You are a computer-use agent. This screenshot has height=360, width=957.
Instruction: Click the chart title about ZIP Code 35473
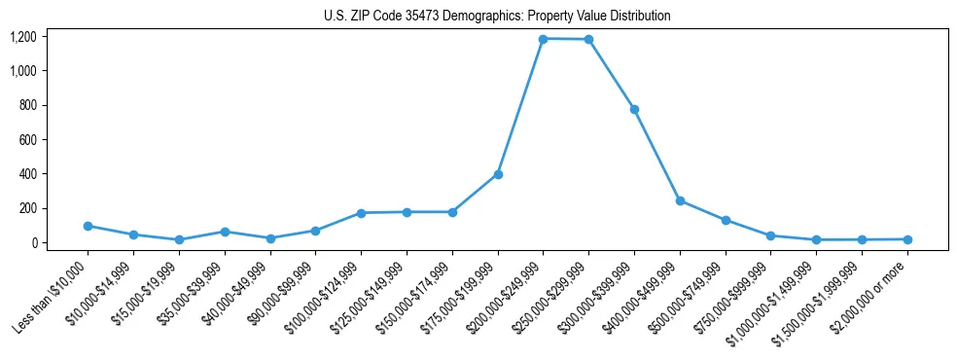click(497, 17)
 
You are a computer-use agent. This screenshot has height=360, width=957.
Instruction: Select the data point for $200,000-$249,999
click(543, 39)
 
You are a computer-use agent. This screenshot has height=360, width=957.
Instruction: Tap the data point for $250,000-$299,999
click(588, 40)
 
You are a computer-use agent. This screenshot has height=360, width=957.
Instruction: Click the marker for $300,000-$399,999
click(634, 109)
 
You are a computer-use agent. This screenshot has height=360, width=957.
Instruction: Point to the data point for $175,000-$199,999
click(498, 174)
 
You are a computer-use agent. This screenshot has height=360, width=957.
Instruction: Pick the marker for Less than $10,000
click(88, 226)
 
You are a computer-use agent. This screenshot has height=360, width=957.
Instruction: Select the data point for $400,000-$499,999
click(680, 200)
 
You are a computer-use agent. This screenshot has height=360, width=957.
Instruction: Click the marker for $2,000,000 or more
click(907, 239)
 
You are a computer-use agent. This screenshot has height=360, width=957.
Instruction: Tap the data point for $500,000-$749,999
click(726, 220)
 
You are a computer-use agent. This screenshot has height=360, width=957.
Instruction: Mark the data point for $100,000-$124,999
click(361, 213)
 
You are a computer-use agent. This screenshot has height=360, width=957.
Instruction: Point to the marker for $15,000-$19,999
click(179, 239)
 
